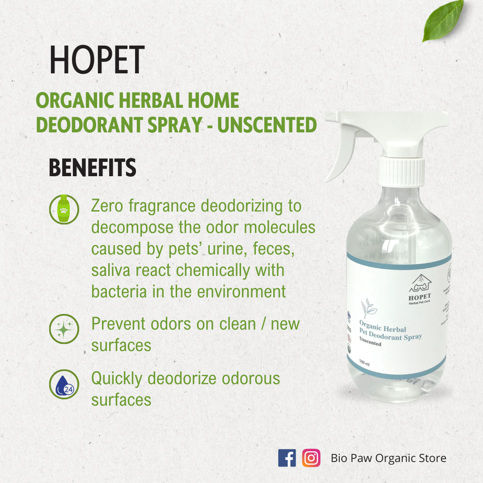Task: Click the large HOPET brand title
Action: click(97, 60)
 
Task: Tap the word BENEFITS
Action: click(92, 168)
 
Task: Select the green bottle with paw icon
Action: click(64, 209)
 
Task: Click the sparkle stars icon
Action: click(64, 329)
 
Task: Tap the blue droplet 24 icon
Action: click(64, 385)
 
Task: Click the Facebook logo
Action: click(287, 458)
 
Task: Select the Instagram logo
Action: click(311, 458)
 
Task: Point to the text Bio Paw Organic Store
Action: click(388, 458)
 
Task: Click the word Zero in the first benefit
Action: click(107, 206)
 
